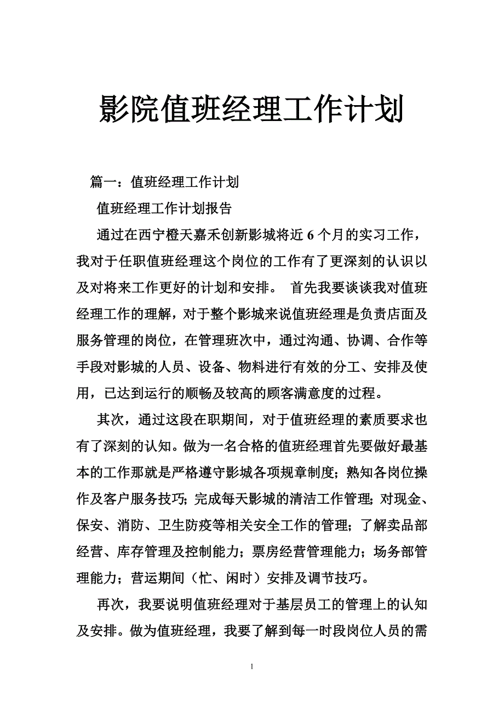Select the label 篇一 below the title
point(104,182)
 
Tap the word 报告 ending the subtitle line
point(218,209)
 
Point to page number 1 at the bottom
point(251,667)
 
